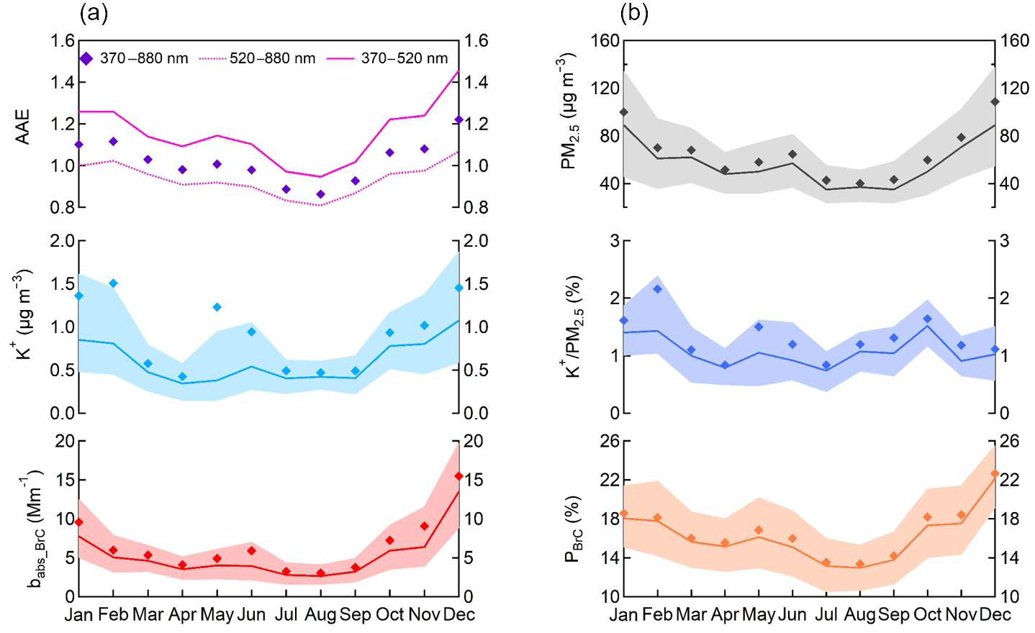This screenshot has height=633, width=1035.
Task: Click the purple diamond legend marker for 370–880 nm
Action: click(86, 59)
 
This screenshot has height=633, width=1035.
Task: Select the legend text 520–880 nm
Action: click(272, 59)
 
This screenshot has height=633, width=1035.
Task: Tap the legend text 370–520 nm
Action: click(404, 59)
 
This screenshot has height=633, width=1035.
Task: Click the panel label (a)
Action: click(94, 13)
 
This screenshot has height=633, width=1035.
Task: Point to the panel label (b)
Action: click(633, 13)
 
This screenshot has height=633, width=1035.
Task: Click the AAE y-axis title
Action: click(23, 127)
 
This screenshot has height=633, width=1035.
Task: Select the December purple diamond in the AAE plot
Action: click(458, 119)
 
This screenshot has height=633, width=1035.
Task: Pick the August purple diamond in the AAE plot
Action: click(320, 194)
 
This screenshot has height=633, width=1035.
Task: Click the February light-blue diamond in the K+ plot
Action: click(113, 283)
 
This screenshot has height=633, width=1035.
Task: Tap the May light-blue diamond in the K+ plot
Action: click(217, 307)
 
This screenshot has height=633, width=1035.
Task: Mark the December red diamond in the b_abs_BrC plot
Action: click(458, 476)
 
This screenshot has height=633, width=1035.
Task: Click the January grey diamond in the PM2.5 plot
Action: click(623, 112)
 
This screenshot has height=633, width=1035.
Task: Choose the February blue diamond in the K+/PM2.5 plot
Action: click(658, 289)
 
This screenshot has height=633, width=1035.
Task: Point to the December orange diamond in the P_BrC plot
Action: click(995, 474)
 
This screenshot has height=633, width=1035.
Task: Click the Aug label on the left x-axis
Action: click(320, 615)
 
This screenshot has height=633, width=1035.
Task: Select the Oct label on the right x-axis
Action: click(927, 615)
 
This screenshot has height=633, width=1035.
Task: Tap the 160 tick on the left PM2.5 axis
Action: click(605, 41)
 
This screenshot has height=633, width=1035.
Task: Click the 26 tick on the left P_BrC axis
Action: click(610, 441)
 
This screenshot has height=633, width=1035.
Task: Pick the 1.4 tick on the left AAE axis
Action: click(63, 82)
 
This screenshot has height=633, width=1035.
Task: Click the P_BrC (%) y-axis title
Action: click(573, 528)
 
